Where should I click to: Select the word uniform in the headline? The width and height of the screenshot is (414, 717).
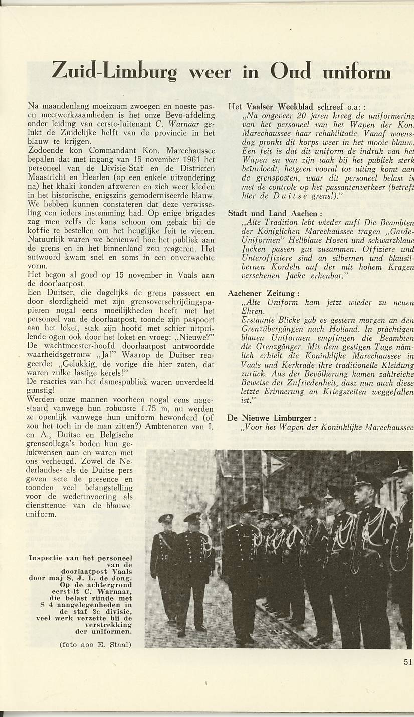pyautogui.click(x=356, y=72)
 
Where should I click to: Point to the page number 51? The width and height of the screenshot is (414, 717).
pyautogui.click(x=407, y=662)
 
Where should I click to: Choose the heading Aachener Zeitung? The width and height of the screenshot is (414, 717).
pyautogui.click(x=264, y=293)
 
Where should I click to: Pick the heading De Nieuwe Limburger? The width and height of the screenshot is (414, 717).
pyautogui.click(x=271, y=418)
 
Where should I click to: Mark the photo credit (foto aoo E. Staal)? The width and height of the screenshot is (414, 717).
pyautogui.click(x=95, y=644)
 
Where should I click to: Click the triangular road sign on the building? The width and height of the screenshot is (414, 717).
pyautogui.click(x=276, y=464)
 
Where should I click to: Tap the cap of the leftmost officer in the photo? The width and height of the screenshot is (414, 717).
pyautogui.click(x=166, y=518)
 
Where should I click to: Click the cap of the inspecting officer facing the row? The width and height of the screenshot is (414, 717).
pyautogui.click(x=247, y=507)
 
